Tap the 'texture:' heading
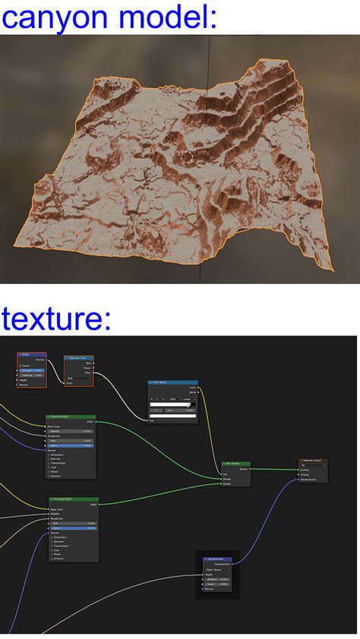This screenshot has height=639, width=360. (56, 318)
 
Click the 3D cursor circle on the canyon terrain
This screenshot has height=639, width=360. (187, 157)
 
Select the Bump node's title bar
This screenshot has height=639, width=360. (31, 354)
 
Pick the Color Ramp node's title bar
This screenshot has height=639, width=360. (172, 383)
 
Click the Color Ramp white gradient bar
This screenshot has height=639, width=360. (172, 404)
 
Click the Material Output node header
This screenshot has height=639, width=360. (314, 460)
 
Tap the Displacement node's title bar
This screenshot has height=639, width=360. (217, 559)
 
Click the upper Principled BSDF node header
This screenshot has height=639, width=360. (71, 417)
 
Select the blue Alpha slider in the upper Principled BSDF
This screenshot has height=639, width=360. (71, 445)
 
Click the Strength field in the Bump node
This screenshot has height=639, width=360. (33, 370)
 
